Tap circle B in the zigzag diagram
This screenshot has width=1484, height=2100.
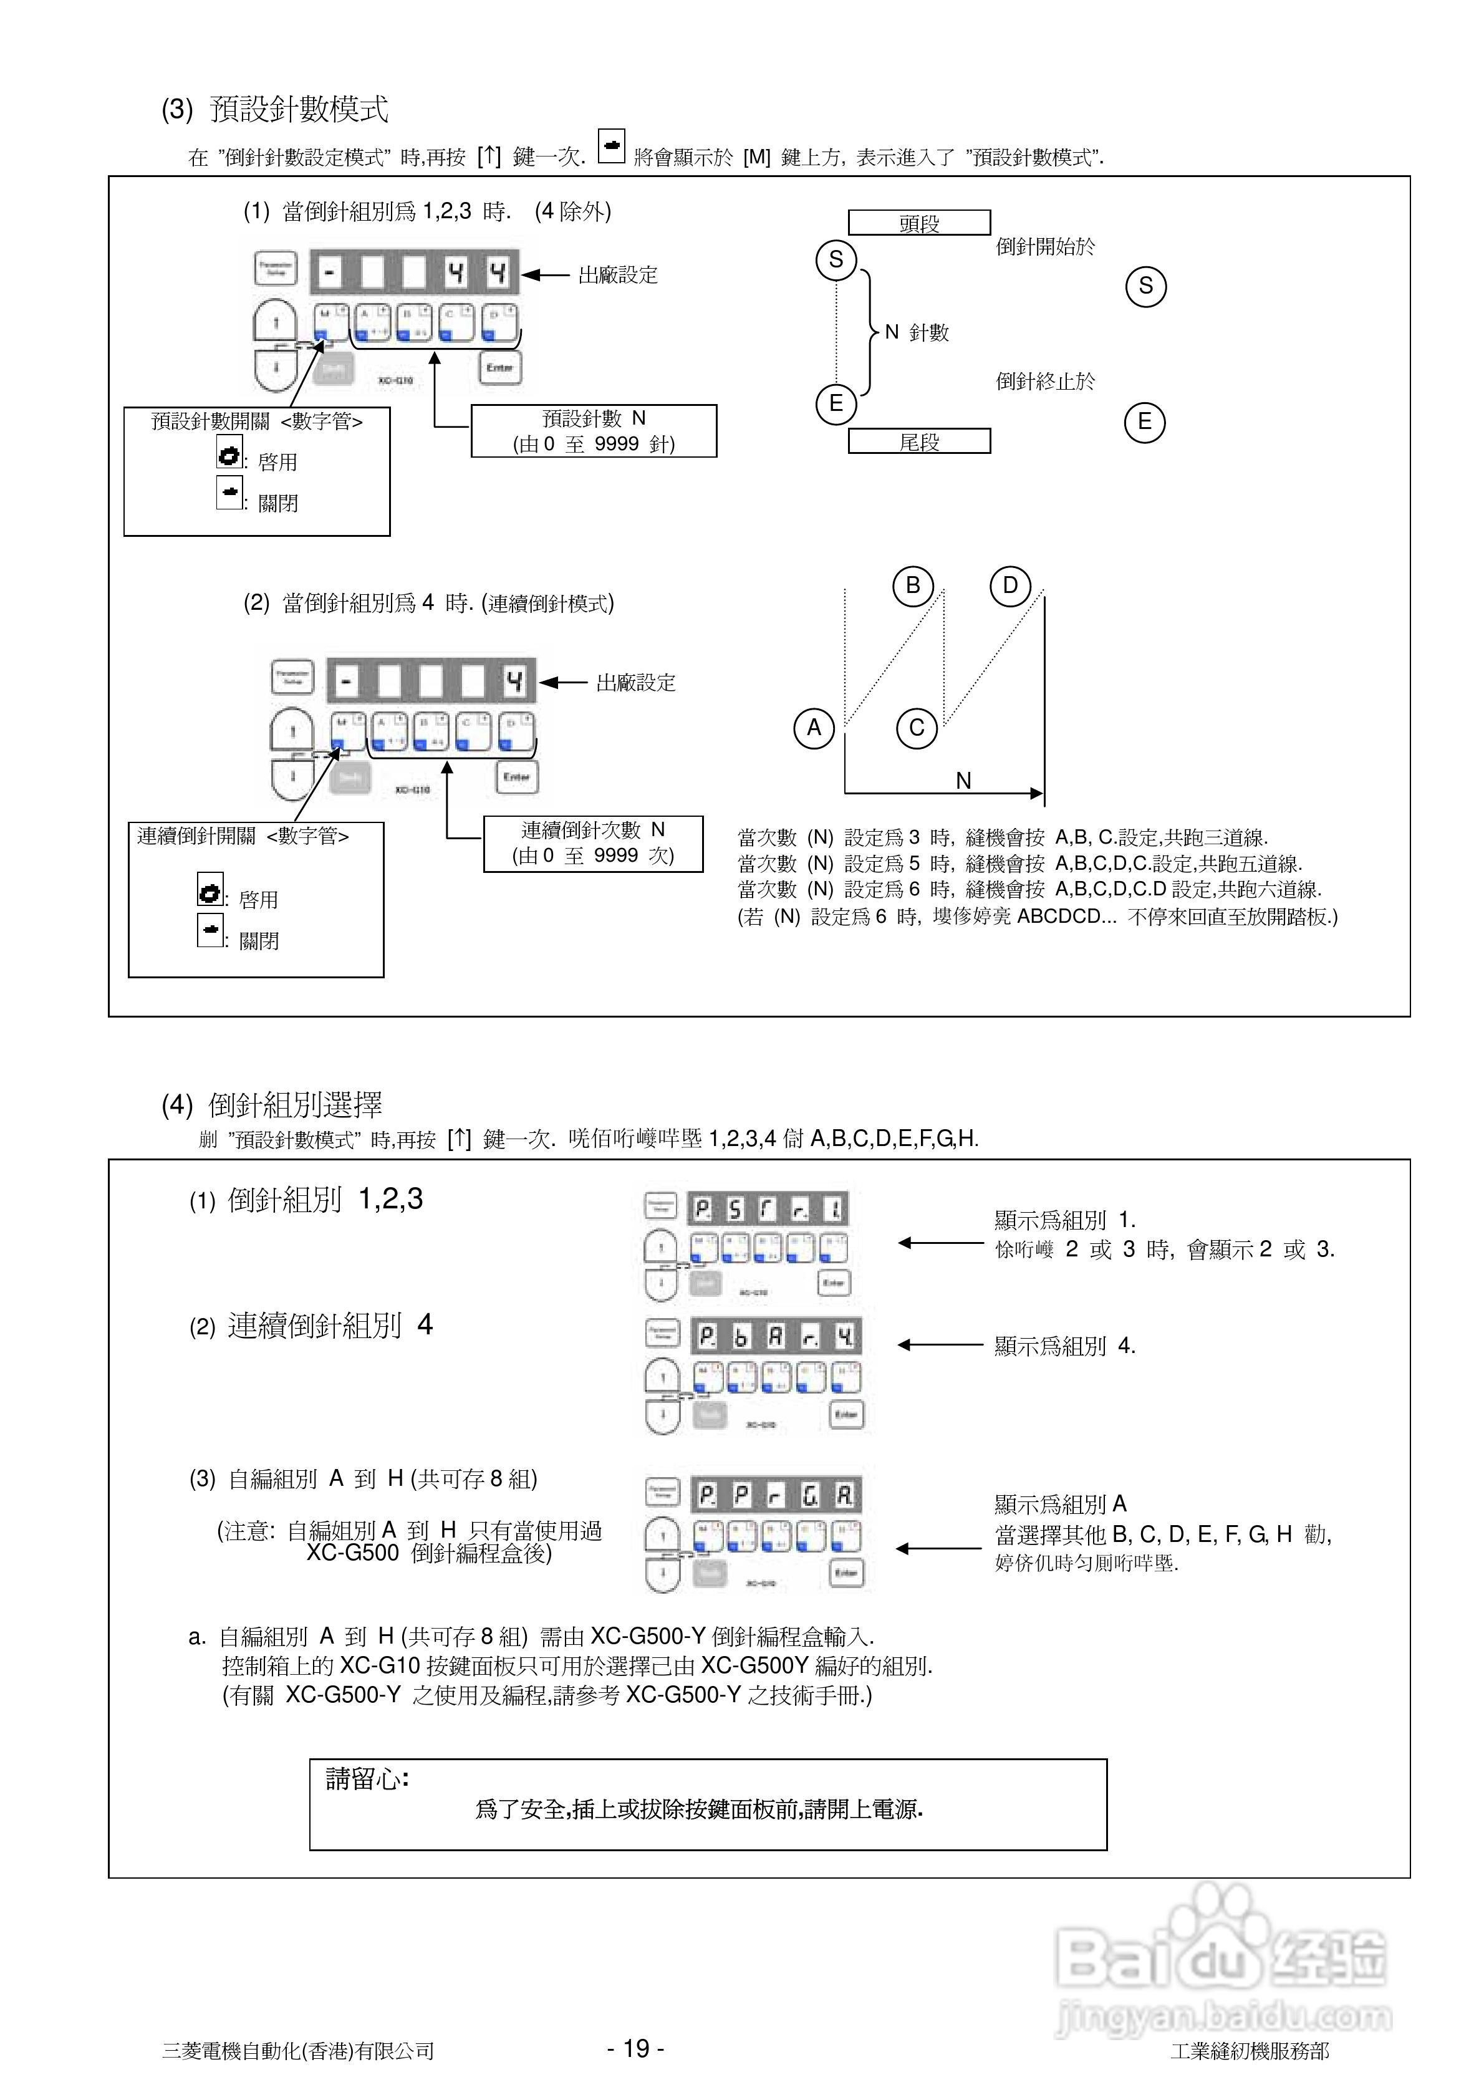912,585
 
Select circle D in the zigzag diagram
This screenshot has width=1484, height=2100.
1010,585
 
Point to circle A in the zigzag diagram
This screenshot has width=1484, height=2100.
813,729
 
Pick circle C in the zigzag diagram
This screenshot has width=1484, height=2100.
917,729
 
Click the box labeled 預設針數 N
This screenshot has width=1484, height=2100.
593,431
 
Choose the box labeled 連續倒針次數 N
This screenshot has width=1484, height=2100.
593,843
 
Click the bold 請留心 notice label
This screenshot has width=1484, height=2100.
367,1779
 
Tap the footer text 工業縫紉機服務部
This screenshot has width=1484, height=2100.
1249,2051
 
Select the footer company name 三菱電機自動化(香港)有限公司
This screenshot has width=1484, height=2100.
297,2051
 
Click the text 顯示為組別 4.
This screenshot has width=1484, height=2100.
1065,1346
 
